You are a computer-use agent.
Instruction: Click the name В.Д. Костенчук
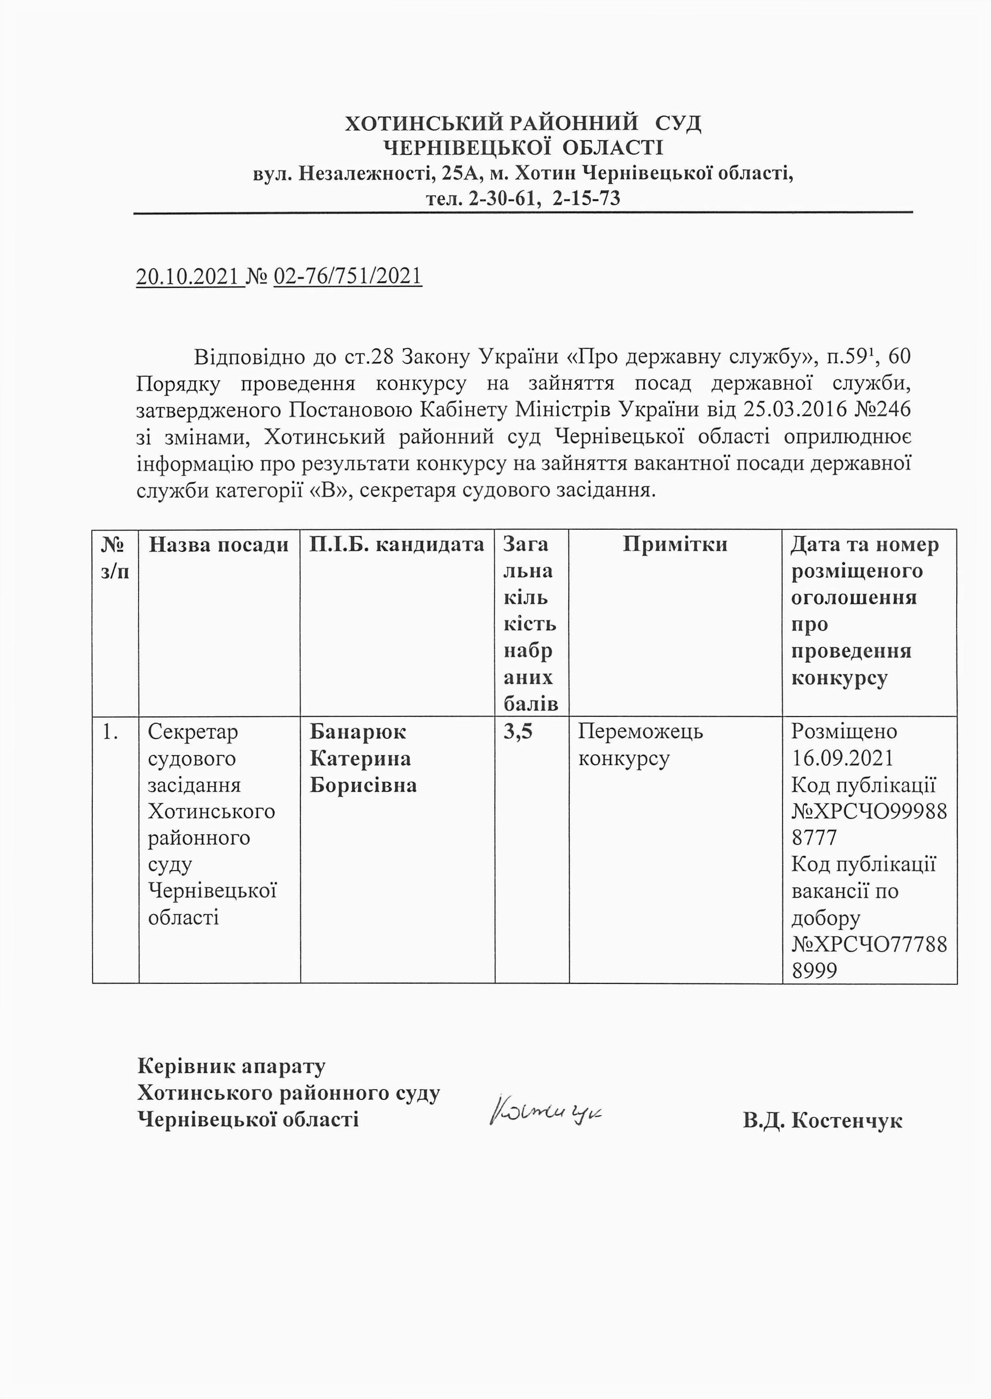click(x=822, y=1120)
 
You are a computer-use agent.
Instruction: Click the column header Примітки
click(x=675, y=544)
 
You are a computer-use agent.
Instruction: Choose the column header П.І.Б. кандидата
click(x=397, y=544)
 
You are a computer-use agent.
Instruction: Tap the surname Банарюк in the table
click(x=358, y=731)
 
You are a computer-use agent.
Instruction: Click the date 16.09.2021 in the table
click(x=842, y=758)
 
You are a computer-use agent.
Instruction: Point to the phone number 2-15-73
click(x=586, y=198)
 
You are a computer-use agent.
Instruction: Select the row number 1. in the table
click(x=110, y=731)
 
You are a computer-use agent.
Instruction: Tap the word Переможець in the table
click(x=640, y=731)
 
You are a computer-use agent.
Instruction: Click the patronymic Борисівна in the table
click(x=363, y=785)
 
